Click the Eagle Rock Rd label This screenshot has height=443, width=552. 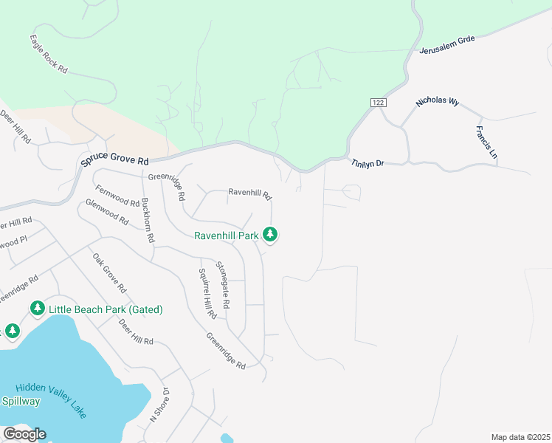tap(49, 53)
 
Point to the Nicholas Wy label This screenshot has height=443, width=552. tap(438, 102)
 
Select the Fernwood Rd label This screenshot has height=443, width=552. tap(117, 196)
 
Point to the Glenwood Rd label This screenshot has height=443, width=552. tap(107, 213)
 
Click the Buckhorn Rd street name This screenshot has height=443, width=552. tap(148, 220)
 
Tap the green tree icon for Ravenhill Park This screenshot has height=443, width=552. tap(271, 235)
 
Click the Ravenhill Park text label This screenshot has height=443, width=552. tap(227, 236)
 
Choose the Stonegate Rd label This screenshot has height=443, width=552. tap(223, 285)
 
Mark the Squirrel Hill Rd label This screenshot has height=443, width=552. tap(207, 293)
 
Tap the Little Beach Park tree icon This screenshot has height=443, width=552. tap(37, 308)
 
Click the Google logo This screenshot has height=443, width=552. tap(24, 434)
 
